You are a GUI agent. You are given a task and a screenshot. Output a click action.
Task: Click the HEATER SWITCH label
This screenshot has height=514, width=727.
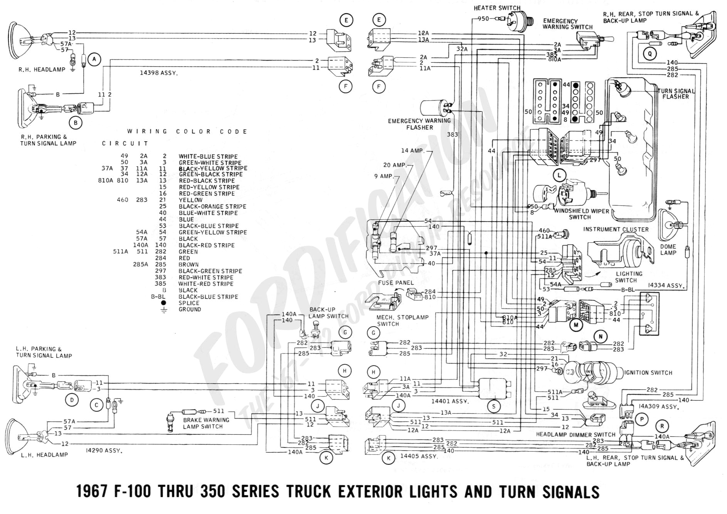(x=497, y=8)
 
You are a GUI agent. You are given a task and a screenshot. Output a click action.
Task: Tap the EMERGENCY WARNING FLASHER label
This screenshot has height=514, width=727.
(x=419, y=124)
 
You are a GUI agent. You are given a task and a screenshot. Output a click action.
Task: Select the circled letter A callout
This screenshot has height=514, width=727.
(x=94, y=59)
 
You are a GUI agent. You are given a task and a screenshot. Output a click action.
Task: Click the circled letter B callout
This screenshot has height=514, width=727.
(x=76, y=123)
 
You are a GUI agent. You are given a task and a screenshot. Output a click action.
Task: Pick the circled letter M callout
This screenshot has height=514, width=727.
(x=576, y=325)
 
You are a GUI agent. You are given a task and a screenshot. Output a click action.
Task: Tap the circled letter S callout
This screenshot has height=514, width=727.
(x=494, y=406)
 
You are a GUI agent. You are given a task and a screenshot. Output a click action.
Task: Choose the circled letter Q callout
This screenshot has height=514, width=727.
(x=650, y=54)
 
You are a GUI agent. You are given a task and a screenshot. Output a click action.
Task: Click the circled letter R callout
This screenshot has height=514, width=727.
(x=662, y=426)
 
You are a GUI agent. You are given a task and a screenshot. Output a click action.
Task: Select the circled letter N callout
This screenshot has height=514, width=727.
(x=600, y=336)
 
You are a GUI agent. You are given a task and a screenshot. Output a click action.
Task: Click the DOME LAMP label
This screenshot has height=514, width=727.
(x=668, y=250)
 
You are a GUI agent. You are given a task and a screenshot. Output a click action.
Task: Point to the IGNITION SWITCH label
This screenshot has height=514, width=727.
(x=648, y=373)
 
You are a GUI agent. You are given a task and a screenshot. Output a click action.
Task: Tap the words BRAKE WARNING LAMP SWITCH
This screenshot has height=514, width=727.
(x=206, y=423)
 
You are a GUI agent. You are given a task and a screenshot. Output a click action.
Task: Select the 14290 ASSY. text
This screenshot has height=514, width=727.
(x=104, y=451)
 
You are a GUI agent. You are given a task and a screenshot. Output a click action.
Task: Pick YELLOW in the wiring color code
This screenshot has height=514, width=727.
(x=190, y=200)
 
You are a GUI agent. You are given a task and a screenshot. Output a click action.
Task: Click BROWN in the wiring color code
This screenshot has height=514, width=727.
(x=188, y=265)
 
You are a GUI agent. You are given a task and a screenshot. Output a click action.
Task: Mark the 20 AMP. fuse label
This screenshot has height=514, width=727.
(x=394, y=165)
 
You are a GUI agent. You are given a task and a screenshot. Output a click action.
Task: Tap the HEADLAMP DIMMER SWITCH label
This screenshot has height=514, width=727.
(x=576, y=434)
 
